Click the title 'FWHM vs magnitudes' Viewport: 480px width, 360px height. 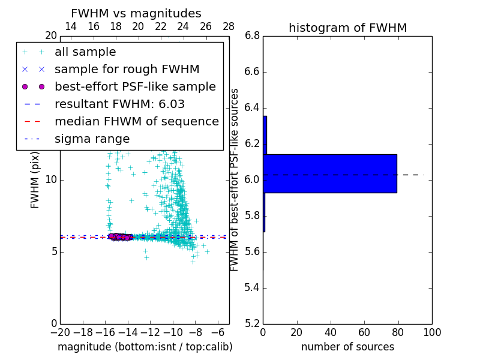pos(136,14)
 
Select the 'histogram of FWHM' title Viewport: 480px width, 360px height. pos(347,28)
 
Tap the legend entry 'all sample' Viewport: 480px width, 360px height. pos(85,52)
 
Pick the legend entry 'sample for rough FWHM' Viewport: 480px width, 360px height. pos(127,70)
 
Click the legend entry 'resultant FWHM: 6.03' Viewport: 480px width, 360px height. pos(119,104)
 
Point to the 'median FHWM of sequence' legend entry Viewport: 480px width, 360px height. pos(136,122)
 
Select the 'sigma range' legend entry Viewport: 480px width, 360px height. pos(92,139)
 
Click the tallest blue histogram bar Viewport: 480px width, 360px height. pos(330,173)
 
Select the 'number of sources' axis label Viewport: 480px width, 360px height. pos(347,347)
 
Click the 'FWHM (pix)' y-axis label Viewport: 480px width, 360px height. pos(35,180)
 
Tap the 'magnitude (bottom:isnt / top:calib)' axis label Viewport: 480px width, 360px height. pos(145,347)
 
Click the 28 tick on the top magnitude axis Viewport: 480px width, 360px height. pos(229,26)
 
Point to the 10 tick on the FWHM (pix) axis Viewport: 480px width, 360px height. pos(51,180)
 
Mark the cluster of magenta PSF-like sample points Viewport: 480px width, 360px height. pos(120,236)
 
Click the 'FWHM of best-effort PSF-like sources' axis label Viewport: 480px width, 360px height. pos(235,180)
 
